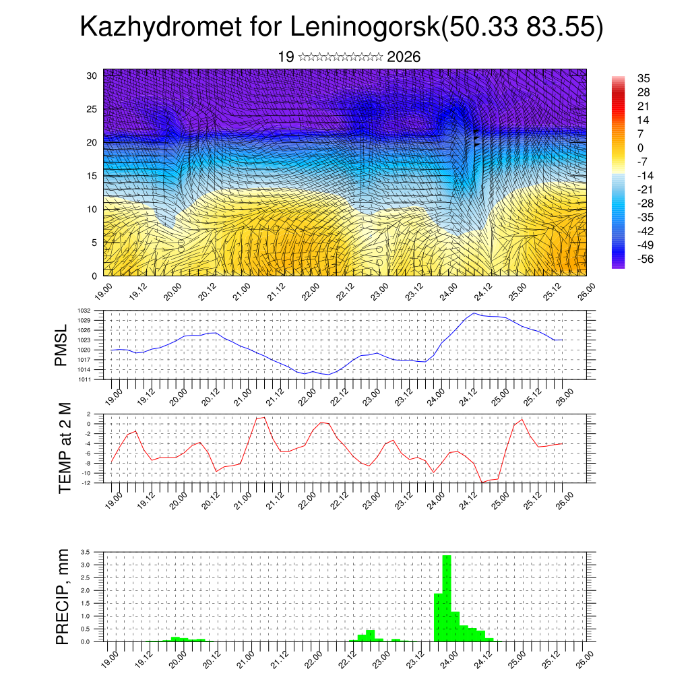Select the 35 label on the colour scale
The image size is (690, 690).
click(x=644, y=79)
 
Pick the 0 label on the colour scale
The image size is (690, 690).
click(x=641, y=148)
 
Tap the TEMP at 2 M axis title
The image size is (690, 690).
click(x=65, y=447)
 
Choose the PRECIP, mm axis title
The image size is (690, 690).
click(x=63, y=596)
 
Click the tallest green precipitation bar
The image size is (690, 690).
click(x=447, y=596)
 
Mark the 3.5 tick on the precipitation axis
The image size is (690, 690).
click(x=85, y=552)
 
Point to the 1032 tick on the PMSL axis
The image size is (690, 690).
click(x=94, y=311)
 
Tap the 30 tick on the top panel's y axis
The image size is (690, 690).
click(x=92, y=75)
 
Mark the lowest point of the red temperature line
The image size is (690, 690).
click(x=482, y=482)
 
